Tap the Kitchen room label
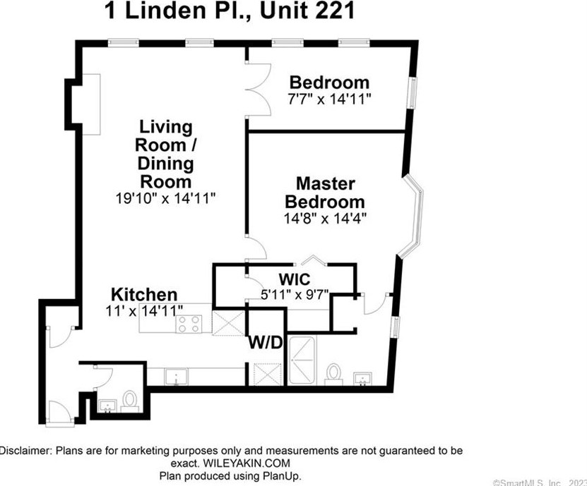pos(144,294)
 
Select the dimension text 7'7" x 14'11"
pos(329,99)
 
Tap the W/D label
pos(266,344)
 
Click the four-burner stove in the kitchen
pos(190,324)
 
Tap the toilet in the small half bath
pos(130,401)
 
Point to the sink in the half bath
pos(109,405)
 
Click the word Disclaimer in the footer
pos(25,450)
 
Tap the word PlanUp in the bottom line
pos(283,476)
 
